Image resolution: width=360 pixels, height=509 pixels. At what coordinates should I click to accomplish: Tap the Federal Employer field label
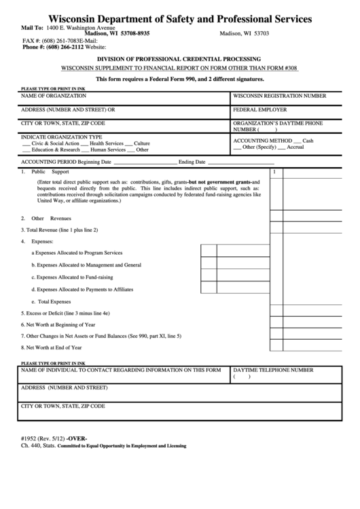[x=260, y=109]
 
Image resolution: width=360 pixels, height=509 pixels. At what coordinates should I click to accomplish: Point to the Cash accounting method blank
[x=296, y=140]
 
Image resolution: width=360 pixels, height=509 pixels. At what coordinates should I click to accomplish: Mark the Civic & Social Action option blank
[x=26, y=144]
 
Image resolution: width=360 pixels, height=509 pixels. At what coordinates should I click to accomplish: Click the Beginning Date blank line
[x=143, y=163]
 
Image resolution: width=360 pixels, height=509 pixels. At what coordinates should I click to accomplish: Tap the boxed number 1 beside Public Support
[x=274, y=173]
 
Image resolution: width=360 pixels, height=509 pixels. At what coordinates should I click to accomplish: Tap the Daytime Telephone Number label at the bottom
[x=273, y=370]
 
